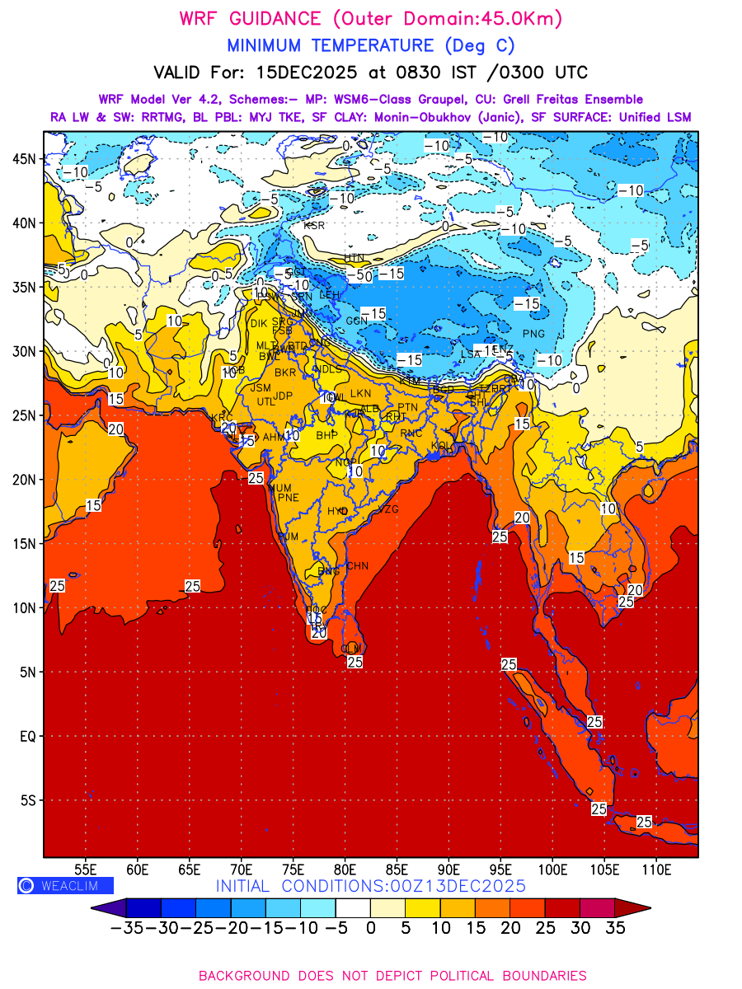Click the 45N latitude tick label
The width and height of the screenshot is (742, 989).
pos(27,159)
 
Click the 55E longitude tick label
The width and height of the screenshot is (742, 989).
pos(86,869)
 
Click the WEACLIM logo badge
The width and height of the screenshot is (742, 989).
pos(65,886)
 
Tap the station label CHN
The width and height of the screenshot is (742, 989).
pos(357,566)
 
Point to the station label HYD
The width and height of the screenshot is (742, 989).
pos(337,511)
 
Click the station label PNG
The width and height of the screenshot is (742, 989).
pos(533,334)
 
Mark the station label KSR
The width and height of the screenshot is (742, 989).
pos(314,225)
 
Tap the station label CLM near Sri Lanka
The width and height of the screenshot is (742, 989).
pos(351,649)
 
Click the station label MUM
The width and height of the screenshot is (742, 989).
pos(281,489)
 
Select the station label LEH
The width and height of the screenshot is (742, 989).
pos(329,295)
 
